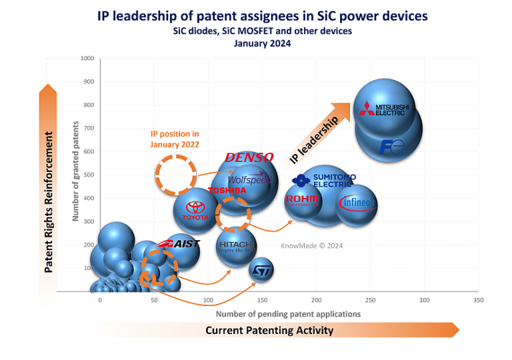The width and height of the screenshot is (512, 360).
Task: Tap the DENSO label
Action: (x=249, y=158)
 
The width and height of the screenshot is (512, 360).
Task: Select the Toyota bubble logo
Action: (x=196, y=211)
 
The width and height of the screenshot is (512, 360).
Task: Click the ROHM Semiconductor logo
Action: (x=303, y=201)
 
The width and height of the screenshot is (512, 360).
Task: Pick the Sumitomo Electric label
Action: (x=325, y=180)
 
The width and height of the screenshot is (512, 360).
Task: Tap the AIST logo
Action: (x=178, y=244)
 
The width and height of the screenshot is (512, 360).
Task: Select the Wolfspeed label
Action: (x=247, y=180)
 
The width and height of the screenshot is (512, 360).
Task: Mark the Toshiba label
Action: (x=227, y=191)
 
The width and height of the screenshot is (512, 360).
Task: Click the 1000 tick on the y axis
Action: (x=87, y=58)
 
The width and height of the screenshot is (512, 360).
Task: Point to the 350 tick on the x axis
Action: (x=478, y=301)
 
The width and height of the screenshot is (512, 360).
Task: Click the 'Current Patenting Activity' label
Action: (x=269, y=330)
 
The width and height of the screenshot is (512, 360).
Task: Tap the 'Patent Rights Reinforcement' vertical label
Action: (x=49, y=202)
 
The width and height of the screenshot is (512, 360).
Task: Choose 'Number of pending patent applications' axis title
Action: (x=288, y=313)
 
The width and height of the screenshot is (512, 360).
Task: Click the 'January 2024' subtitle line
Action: (x=263, y=43)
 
